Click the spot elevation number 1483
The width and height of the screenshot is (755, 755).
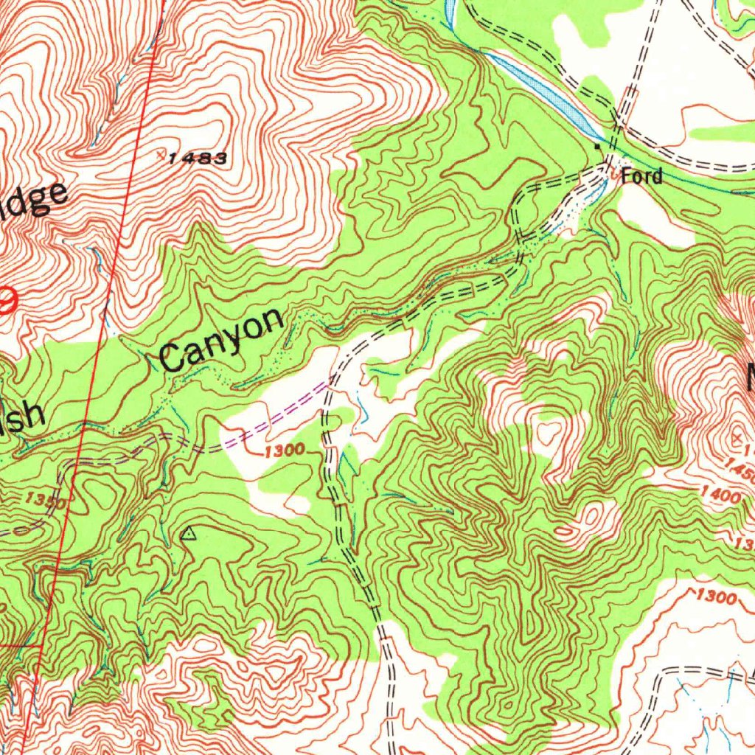(198, 159)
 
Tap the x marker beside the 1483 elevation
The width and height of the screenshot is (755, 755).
(162, 154)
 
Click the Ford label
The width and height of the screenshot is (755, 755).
(641, 176)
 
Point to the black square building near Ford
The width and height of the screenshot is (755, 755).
(599, 147)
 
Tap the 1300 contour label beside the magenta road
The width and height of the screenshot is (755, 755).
(284, 449)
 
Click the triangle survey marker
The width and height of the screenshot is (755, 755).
(189, 532)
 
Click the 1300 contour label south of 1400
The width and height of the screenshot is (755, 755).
(715, 596)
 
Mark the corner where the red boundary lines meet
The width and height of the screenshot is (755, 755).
(41, 646)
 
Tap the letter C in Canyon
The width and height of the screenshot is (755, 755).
(174, 358)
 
